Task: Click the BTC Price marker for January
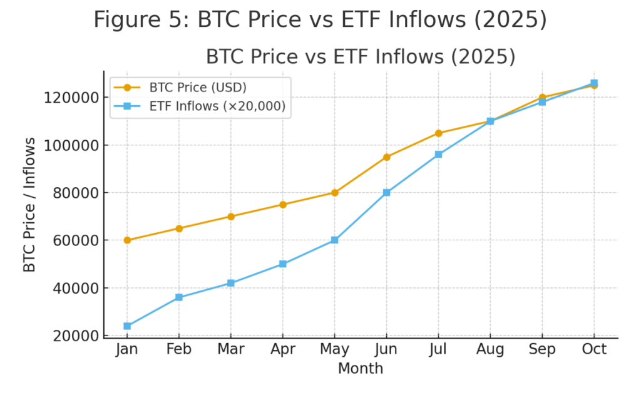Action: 127,240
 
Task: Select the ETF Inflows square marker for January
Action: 127,326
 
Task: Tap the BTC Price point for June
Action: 386,157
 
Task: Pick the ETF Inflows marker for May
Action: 334,240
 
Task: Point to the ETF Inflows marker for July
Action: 438,154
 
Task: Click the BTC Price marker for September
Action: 542,98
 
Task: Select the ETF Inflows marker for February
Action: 179,297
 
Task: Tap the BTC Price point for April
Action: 283,205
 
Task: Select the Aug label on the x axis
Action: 490,349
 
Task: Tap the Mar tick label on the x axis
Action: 231,349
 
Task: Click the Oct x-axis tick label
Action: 594,349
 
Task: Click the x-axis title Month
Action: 360,369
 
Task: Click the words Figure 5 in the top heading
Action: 141,20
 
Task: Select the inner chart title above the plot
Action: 361,57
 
